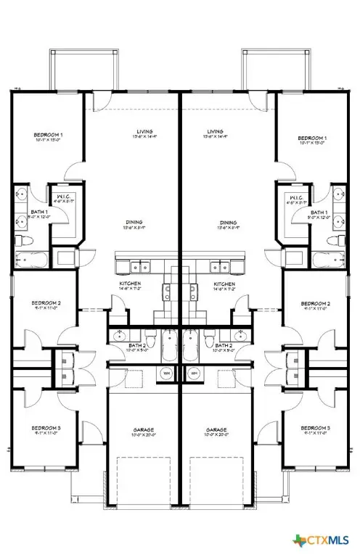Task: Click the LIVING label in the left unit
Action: [131, 131]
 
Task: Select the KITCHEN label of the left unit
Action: [131, 284]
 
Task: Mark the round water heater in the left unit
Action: [165, 373]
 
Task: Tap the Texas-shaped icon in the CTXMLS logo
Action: [300, 541]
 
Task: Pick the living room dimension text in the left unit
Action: [131, 137]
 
